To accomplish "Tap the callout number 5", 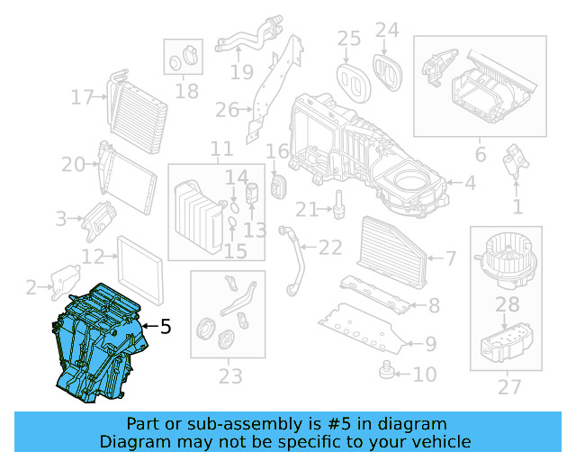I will (x=165, y=328).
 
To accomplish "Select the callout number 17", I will (x=83, y=96).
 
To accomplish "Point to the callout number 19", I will (x=240, y=71).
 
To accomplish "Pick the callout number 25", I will (x=348, y=38).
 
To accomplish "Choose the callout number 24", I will (x=387, y=31).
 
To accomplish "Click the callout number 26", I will (x=226, y=111).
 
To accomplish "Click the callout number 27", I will (x=508, y=387).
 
